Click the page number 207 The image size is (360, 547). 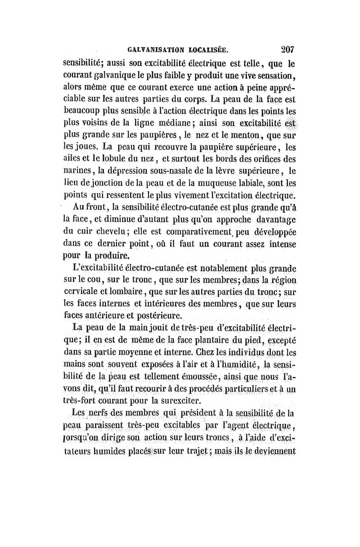pos(285,49)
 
